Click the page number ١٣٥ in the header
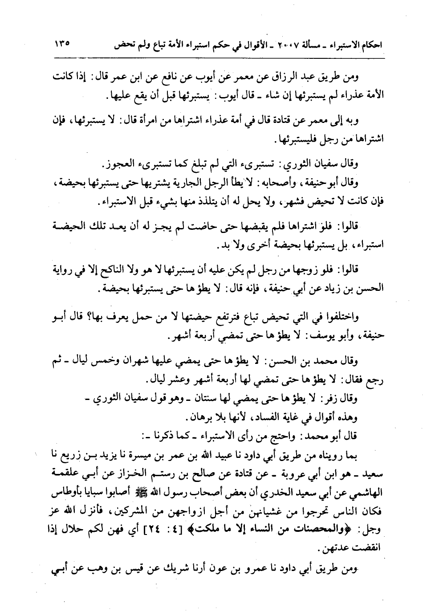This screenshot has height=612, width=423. [63, 44]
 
